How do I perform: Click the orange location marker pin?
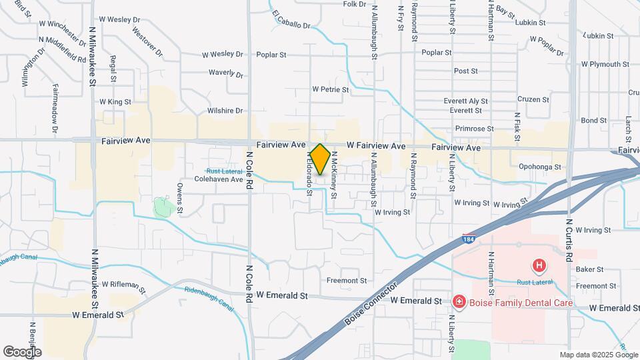(320, 159)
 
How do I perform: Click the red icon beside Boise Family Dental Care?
(459, 303)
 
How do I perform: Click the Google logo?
(22, 351)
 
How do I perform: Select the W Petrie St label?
(331, 89)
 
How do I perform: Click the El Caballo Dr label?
(292, 19)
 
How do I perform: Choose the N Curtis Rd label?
(569, 239)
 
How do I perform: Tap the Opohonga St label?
(540, 167)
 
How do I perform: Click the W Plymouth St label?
(605, 65)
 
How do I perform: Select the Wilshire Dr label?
(225, 111)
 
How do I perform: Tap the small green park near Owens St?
(162, 207)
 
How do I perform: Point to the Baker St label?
(589, 269)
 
